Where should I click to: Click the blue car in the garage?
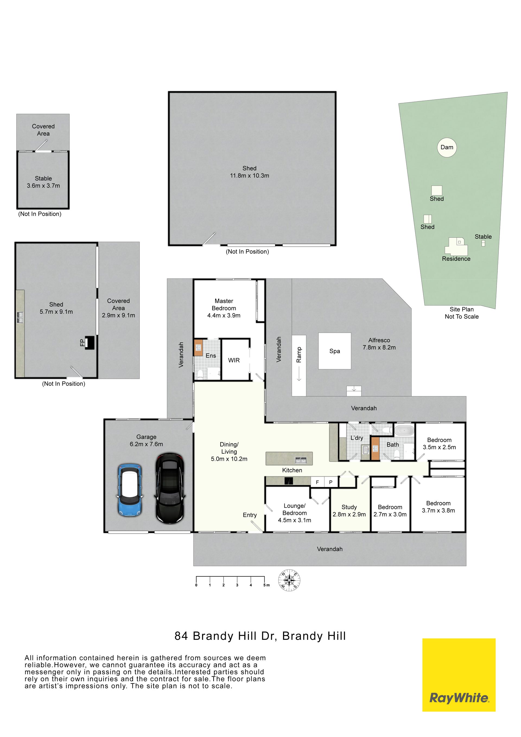click(x=130, y=490)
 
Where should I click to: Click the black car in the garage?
click(x=170, y=488)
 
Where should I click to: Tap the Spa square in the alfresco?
click(x=335, y=351)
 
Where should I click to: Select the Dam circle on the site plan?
click(x=447, y=147)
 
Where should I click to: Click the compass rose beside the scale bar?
click(x=290, y=580)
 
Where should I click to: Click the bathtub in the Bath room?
click(x=404, y=430)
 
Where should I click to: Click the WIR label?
click(x=234, y=360)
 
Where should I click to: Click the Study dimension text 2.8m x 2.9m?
click(x=349, y=514)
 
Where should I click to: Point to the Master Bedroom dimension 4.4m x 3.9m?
click(x=224, y=315)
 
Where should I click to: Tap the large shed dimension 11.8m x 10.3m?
click(x=249, y=176)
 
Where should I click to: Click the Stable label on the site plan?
click(x=483, y=237)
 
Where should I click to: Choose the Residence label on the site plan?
click(x=456, y=259)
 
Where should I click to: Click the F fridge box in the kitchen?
click(x=317, y=482)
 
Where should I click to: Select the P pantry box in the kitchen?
click(x=331, y=482)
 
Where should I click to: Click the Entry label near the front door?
click(x=250, y=515)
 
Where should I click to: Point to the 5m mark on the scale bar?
click(x=265, y=580)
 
